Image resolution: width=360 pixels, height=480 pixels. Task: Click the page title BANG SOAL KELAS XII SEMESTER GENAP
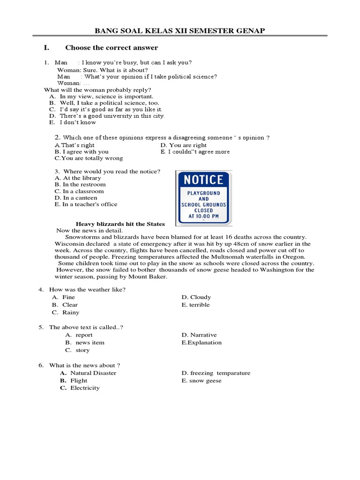click(x=180, y=31)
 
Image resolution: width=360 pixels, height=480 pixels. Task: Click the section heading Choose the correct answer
click(x=112, y=48)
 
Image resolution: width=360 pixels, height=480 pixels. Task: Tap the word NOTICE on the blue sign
click(x=203, y=180)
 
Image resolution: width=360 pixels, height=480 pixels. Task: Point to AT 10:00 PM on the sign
click(x=203, y=217)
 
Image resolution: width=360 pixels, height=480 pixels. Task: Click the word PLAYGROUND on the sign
click(x=203, y=193)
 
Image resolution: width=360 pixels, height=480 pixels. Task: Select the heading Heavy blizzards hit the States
click(x=120, y=224)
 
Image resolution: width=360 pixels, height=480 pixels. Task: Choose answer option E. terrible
click(x=195, y=305)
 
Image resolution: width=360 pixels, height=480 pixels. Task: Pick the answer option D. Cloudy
click(x=196, y=297)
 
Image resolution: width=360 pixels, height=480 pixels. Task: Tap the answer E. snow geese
click(x=201, y=381)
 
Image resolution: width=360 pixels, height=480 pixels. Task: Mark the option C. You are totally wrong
click(x=89, y=158)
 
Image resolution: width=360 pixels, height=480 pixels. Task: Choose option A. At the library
click(x=78, y=178)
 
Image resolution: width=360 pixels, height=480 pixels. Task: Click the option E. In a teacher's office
click(x=86, y=204)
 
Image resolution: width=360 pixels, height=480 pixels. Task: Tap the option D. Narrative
click(x=199, y=335)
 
